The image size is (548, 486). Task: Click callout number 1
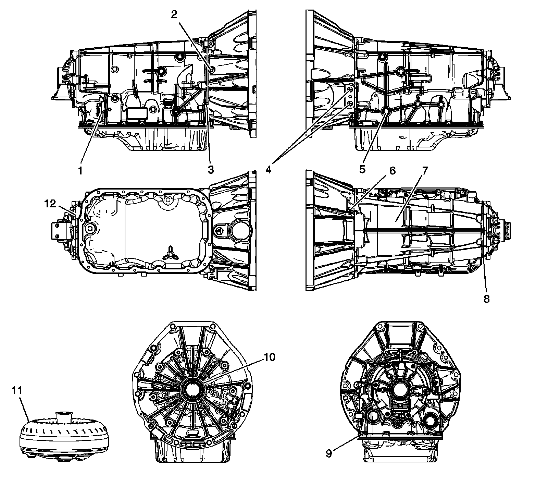point(80,170)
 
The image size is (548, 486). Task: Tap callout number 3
point(210,169)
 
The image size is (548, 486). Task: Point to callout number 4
point(269,169)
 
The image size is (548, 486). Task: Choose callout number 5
point(362,169)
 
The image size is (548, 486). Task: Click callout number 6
point(392,171)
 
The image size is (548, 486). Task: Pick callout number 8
point(486,299)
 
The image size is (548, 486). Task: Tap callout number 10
point(269,357)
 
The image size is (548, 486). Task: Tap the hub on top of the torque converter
point(63,417)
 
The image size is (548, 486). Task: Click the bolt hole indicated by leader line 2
point(211,70)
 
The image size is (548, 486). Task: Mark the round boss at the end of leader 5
point(386,111)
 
